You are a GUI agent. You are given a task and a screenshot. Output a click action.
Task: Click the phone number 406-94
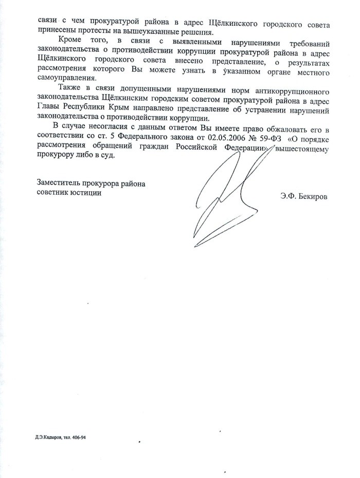pyautogui.click(x=85, y=438)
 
